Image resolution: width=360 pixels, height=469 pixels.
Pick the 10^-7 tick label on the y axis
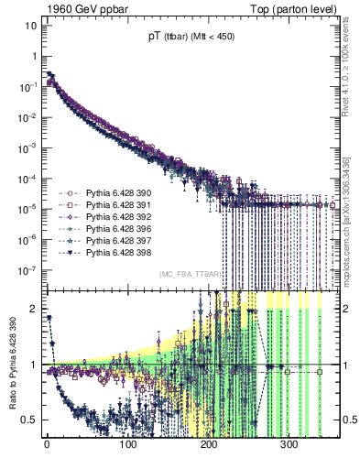(x=27, y=270)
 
